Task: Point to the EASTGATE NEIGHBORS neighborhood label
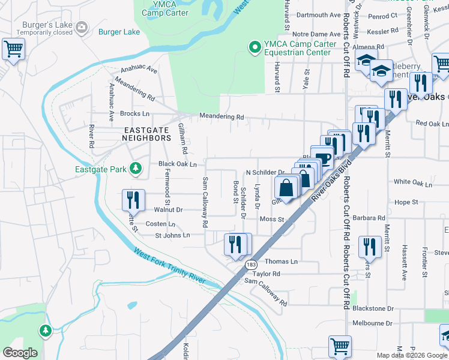point(147,134)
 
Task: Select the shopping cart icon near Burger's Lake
point(13,49)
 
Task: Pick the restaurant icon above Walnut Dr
point(133,200)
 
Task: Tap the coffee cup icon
point(324,158)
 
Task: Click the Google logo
point(20,352)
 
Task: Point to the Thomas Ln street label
point(281,262)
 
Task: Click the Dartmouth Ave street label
point(318,15)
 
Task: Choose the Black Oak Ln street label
point(178,164)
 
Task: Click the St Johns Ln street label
point(172,235)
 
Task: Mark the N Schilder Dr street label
point(265,172)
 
